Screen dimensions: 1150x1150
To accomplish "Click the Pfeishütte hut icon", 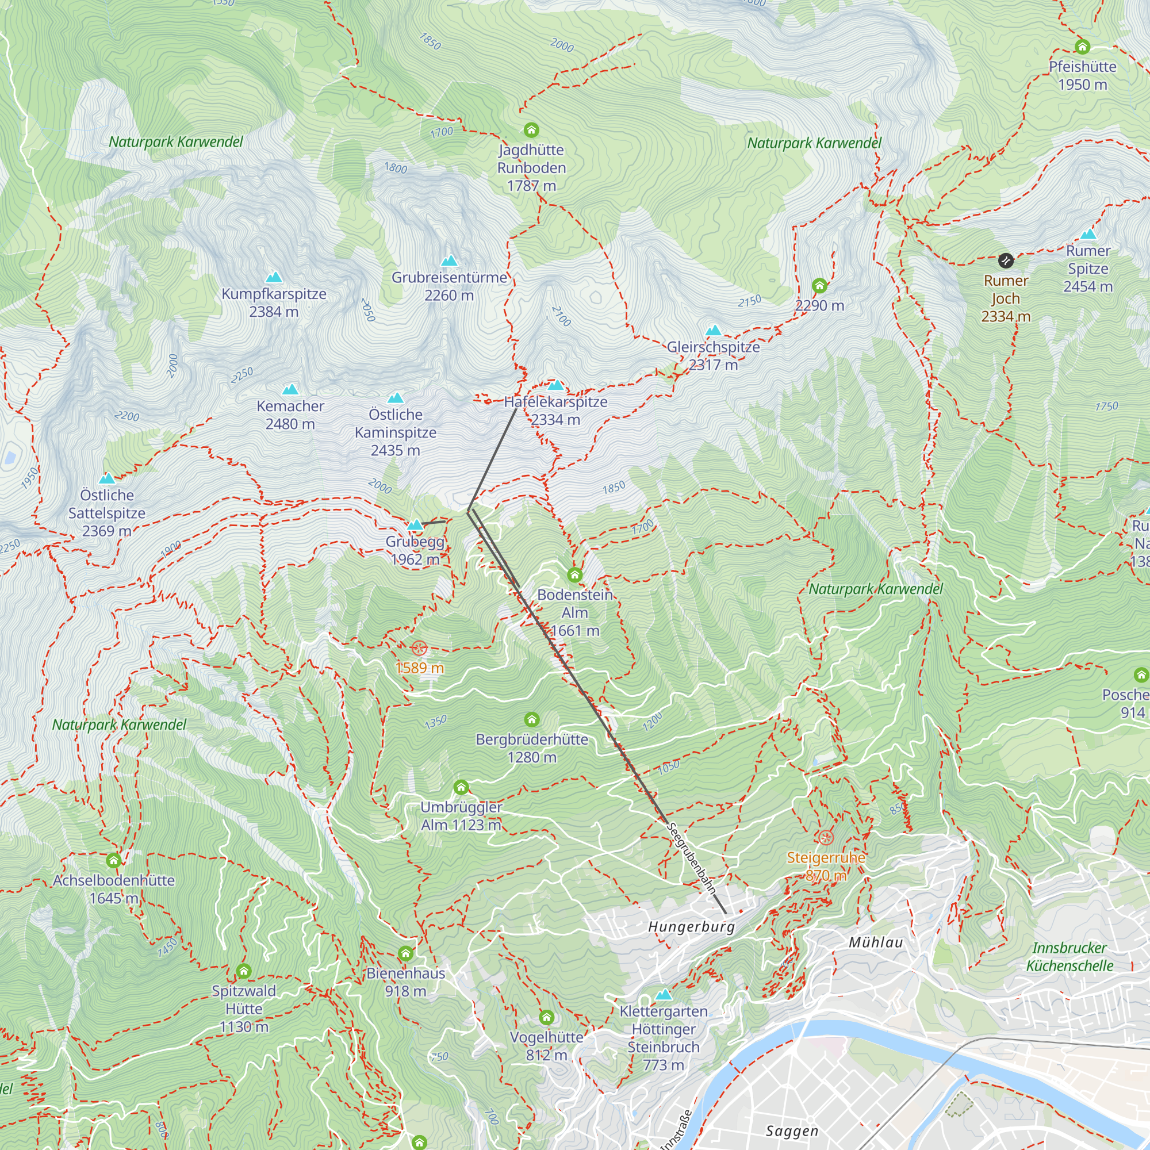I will (x=1082, y=47).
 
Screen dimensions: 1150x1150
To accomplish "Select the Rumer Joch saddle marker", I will (x=1005, y=260).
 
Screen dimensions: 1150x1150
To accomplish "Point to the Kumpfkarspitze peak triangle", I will (x=273, y=277).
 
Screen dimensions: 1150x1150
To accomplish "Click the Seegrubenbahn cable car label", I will (x=691, y=858).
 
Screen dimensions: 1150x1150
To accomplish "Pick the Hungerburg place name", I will (x=691, y=926).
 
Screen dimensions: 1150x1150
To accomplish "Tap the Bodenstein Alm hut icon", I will (x=574, y=574).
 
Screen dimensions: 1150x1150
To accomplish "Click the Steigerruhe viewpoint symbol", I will (x=825, y=838).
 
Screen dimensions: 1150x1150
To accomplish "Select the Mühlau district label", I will (x=876, y=942).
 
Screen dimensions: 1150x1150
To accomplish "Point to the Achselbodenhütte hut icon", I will (x=114, y=860).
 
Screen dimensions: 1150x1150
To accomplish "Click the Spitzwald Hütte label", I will (x=243, y=1009).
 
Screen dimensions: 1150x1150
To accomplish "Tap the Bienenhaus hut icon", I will (x=405, y=953).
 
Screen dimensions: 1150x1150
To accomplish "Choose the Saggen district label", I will (x=792, y=1130).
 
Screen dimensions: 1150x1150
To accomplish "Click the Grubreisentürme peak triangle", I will (x=450, y=260).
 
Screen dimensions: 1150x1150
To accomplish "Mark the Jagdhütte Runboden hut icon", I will (x=531, y=130).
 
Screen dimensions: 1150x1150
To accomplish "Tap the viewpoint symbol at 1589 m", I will (x=419, y=647).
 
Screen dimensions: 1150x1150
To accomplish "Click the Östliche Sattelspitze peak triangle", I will (x=106, y=478).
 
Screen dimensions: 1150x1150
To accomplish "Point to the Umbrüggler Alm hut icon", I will (x=461, y=788).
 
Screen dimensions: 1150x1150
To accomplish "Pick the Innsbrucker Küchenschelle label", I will (x=1069, y=957).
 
